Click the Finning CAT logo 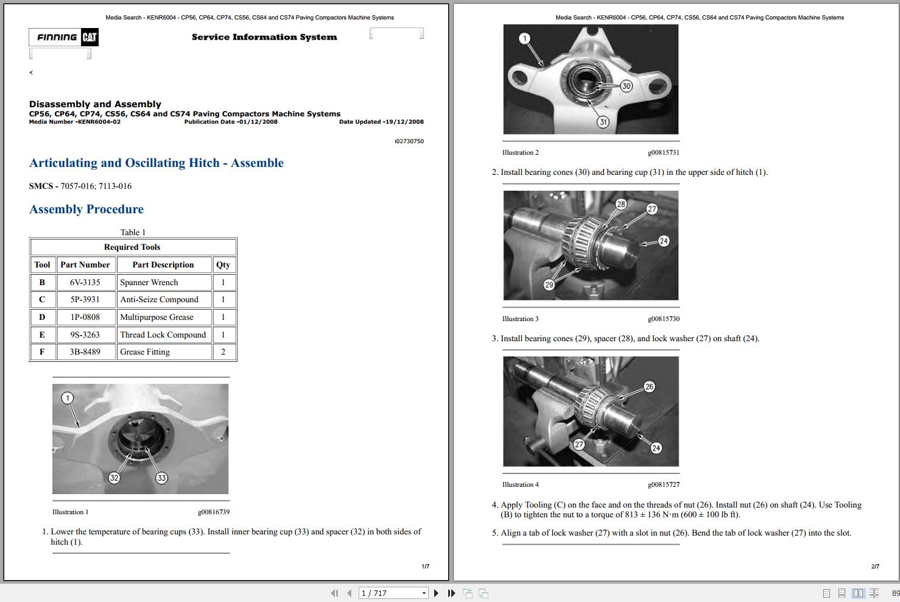63,37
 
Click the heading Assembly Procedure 86,210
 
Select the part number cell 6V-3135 85,283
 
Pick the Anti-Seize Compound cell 160,300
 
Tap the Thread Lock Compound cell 163,335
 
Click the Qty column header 223,265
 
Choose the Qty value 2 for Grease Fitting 223,352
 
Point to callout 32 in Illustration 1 114,478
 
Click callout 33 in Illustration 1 161,478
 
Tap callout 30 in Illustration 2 626,86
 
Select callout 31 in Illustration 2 603,122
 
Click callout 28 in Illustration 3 621,204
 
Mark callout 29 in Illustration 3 549,285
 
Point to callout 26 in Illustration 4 649,387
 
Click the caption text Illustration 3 520,319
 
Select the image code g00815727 663,485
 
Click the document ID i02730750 409,141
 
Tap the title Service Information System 264,37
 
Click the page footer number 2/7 875,567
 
